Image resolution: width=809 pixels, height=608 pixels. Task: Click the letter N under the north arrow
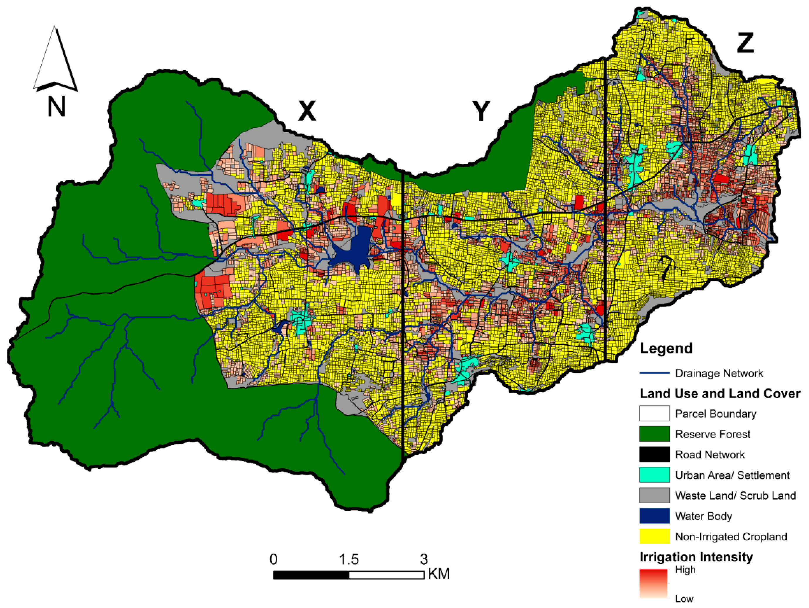click(x=56, y=106)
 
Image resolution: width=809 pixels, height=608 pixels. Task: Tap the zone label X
click(x=307, y=111)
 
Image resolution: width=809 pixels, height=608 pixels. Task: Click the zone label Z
click(x=745, y=43)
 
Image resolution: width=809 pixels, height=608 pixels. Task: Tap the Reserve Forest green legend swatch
click(x=654, y=434)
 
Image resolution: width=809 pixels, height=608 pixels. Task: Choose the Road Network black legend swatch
click(x=654, y=454)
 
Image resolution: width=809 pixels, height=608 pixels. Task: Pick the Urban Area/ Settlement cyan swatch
click(x=654, y=475)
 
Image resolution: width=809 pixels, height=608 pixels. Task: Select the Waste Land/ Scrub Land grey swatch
click(x=654, y=495)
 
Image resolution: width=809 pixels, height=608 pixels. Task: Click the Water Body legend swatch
click(x=654, y=516)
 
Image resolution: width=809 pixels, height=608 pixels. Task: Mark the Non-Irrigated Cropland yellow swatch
click(x=654, y=536)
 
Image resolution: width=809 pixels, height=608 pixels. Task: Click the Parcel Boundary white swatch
click(x=654, y=414)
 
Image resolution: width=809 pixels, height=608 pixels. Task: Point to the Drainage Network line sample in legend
click(x=654, y=373)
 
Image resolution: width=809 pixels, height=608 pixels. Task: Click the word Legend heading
click(x=666, y=348)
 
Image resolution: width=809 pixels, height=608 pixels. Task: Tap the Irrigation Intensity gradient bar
click(x=653, y=583)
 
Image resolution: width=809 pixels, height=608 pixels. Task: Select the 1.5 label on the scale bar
click(x=348, y=559)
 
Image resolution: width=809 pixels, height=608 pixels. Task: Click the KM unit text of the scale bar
click(x=439, y=574)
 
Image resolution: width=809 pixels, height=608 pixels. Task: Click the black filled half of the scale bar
click(x=311, y=575)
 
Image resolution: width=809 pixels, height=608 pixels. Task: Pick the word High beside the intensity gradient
click(x=685, y=570)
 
